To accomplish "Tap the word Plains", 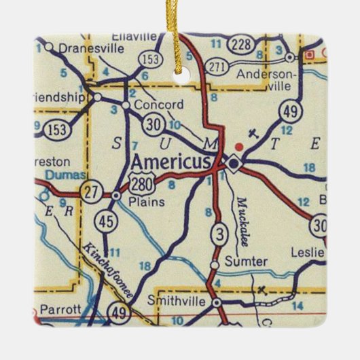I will tap(142, 201).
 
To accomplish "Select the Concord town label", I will tap(158, 105).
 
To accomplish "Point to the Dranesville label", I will tap(92, 48).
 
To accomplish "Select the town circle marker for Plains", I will tap(116, 195).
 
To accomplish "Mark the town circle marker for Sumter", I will tap(214, 264).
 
